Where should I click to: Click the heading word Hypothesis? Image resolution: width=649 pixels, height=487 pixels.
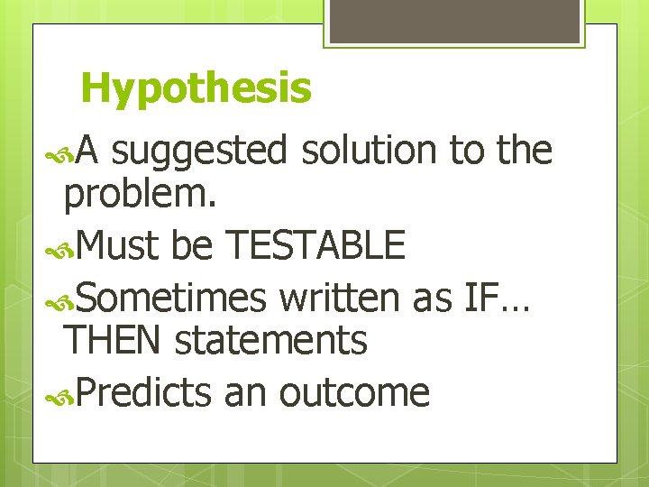click(x=196, y=89)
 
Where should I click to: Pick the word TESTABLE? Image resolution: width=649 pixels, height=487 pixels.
click(x=315, y=244)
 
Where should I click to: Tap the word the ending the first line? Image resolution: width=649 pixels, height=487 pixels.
click(x=523, y=150)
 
